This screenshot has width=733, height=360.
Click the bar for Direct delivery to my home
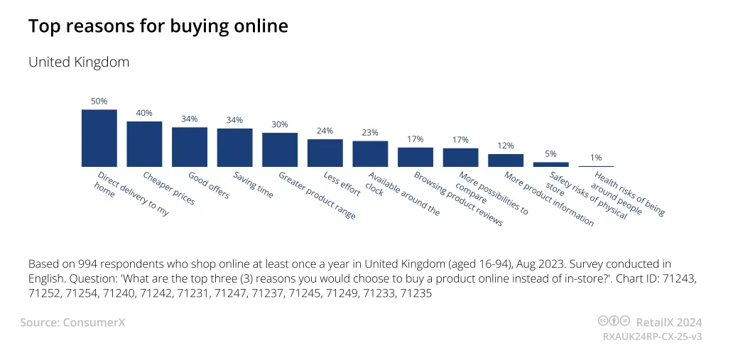99,138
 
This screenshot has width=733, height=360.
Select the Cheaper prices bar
144,144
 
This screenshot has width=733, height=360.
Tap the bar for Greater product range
280,150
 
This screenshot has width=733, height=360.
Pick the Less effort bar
325,153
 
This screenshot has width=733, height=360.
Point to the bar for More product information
506,160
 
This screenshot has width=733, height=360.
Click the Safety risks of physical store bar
551,164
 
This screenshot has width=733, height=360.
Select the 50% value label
99,101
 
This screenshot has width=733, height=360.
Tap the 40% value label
144,113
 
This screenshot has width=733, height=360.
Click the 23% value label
370,132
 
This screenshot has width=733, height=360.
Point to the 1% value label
596,158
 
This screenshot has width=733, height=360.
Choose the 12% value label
506,146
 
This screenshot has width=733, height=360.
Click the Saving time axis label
254,185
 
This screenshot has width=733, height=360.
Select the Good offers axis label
209,185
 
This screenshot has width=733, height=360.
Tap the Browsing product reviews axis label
458,199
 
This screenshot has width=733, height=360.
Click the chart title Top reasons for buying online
158,26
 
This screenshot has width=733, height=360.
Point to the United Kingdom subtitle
79,62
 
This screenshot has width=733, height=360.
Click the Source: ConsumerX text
72,322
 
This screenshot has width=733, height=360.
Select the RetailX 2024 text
669,322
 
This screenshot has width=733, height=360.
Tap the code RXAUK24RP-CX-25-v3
652,337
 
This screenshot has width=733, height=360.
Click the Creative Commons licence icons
614,321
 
